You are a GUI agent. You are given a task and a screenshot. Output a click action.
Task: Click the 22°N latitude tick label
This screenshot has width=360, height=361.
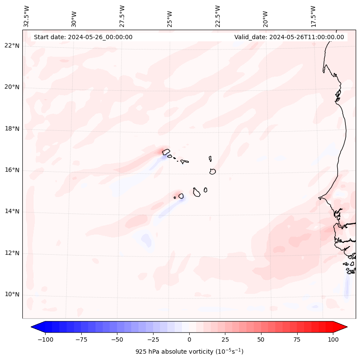tap(12, 46)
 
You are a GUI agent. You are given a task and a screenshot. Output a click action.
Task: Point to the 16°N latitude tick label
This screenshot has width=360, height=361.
tap(12, 170)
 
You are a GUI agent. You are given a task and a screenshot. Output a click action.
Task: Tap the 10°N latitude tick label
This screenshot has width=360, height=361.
tap(12, 295)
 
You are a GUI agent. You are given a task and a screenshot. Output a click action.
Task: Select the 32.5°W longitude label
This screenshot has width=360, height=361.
tap(27, 16)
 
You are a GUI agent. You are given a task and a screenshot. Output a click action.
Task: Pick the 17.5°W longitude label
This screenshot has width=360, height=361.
tap(313, 16)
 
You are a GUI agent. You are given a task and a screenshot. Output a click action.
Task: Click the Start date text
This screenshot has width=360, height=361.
tap(83, 37)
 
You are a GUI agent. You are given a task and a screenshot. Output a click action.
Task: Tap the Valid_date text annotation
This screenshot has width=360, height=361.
tap(289, 37)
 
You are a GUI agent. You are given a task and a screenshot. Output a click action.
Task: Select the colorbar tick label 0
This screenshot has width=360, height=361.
tap(189, 339)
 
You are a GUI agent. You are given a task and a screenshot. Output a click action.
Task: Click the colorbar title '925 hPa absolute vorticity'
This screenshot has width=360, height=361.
tap(189, 352)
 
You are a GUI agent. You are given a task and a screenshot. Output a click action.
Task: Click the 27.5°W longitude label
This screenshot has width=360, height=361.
tap(122, 16)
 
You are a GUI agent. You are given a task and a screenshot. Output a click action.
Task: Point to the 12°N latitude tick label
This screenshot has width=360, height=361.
tap(12, 253)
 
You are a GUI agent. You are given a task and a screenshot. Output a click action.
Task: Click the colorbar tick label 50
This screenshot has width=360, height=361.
tap(261, 339)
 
